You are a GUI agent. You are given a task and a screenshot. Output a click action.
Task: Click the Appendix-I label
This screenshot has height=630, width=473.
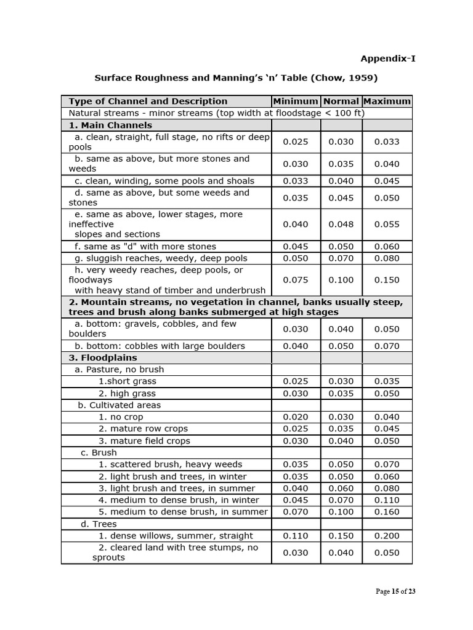pos(387,58)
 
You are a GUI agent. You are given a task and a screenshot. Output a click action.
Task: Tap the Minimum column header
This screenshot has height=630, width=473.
pos(296,101)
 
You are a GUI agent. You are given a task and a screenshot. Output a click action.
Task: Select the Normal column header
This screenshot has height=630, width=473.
pos(341,101)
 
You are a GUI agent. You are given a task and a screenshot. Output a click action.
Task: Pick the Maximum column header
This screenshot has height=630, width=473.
pos(387,101)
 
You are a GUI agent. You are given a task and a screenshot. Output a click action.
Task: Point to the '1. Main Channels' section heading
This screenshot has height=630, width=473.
pos(110,125)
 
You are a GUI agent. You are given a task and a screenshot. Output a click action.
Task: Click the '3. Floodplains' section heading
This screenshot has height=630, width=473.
pos(103,357)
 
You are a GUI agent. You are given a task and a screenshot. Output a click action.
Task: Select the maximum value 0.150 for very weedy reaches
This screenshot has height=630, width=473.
pos(387,280)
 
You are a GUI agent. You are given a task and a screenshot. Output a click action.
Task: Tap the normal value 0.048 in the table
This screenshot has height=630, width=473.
pos(341,225)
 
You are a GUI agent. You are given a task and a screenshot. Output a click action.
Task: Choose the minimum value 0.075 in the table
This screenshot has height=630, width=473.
pos(296,280)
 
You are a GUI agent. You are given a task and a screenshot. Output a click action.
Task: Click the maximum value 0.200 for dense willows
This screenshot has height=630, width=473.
pos(387,536)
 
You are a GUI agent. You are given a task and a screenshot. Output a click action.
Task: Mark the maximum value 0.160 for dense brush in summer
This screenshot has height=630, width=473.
pos(387,512)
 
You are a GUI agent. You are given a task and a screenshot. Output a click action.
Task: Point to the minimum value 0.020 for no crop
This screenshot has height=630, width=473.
pos(296,417)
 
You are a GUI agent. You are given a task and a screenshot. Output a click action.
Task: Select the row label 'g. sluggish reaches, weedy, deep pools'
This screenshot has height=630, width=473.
pos(161,258)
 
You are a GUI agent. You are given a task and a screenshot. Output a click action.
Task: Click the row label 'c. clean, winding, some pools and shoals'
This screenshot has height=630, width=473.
pos(164,181)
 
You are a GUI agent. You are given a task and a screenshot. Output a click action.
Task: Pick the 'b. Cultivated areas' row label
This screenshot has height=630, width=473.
pos(119,405)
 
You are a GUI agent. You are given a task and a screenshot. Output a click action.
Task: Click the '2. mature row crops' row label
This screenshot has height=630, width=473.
pos(143,429)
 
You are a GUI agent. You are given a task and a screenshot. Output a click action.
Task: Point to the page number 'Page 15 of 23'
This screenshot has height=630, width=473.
pos(395,592)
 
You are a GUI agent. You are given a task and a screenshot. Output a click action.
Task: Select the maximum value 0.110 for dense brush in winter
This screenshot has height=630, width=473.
pos(387,500)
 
